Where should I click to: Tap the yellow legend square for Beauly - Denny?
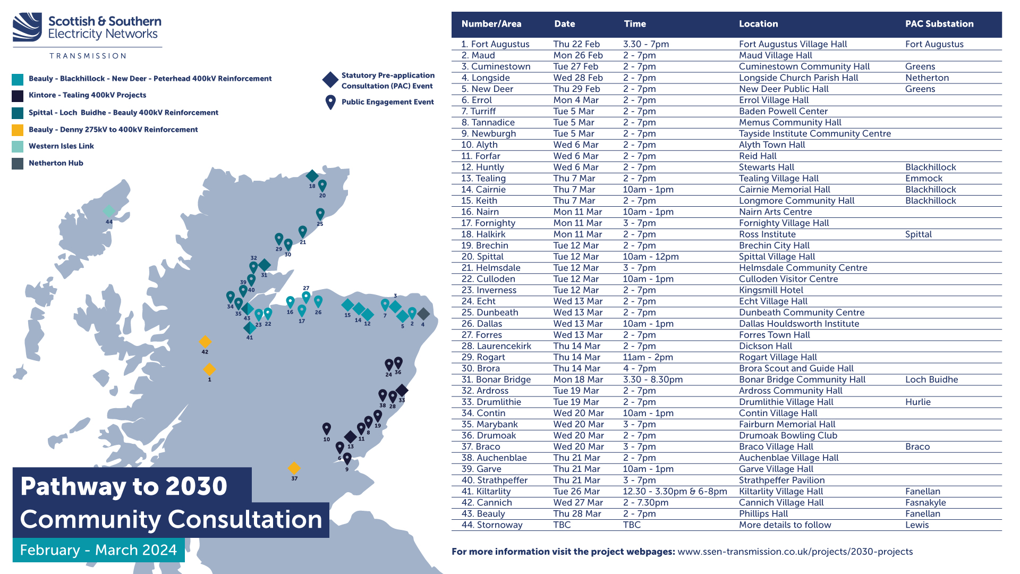click(x=18, y=130)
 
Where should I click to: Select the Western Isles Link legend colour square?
click(x=18, y=146)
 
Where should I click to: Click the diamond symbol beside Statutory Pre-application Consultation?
click(x=330, y=80)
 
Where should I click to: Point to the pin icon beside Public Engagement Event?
click(x=330, y=102)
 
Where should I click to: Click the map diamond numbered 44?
click(x=109, y=212)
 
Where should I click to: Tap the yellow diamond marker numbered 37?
click(x=294, y=468)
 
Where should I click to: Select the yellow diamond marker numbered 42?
click(x=205, y=342)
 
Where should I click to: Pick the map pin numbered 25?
click(x=320, y=214)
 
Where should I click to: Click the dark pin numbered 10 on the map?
click(x=327, y=428)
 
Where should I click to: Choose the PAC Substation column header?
click(x=939, y=24)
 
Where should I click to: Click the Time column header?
click(x=635, y=24)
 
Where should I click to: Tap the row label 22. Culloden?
click(x=488, y=279)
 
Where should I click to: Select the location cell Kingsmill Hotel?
click(x=771, y=290)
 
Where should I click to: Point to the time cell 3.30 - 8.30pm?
click(x=653, y=379)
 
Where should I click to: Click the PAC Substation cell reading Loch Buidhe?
click(x=931, y=379)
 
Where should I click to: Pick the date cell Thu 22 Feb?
click(x=576, y=44)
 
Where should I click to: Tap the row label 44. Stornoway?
click(x=492, y=525)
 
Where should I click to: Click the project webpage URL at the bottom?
click(x=795, y=552)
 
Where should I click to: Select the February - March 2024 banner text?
click(x=98, y=550)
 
